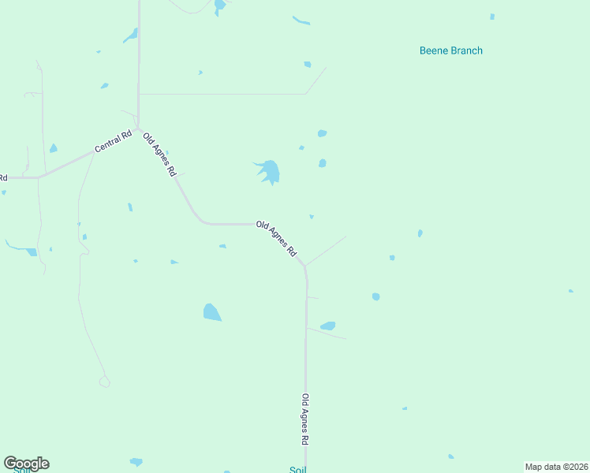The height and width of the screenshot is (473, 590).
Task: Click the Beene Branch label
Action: click(x=450, y=50)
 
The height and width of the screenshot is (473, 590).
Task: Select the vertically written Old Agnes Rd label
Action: click(x=305, y=417)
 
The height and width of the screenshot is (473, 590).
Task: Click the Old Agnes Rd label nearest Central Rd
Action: click(x=159, y=155)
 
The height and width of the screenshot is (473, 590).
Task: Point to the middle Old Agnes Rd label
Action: click(x=276, y=238)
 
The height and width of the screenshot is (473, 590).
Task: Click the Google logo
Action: click(x=26, y=464)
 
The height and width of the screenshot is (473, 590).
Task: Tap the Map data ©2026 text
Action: click(x=557, y=467)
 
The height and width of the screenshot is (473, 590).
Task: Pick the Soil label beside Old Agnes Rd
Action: click(x=297, y=469)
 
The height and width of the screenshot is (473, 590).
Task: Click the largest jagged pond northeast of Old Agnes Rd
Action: click(x=270, y=171)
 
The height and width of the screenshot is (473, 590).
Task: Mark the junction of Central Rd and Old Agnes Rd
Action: click(x=138, y=128)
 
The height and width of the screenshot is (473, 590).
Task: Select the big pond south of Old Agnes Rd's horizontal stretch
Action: click(x=211, y=312)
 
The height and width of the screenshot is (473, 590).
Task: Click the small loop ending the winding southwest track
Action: click(x=104, y=382)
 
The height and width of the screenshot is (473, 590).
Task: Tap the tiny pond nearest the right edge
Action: click(x=570, y=291)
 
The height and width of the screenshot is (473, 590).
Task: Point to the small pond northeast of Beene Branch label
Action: click(x=492, y=17)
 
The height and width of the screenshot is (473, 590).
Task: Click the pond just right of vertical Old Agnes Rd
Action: click(x=328, y=326)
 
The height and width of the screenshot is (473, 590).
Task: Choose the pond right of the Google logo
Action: click(x=136, y=462)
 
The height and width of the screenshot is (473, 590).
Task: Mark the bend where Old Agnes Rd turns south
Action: click(x=304, y=266)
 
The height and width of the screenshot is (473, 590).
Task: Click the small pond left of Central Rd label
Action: click(x=53, y=148)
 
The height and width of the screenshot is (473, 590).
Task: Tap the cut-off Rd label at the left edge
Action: click(x=3, y=177)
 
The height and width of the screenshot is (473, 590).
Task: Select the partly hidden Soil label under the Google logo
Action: click(x=17, y=471)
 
